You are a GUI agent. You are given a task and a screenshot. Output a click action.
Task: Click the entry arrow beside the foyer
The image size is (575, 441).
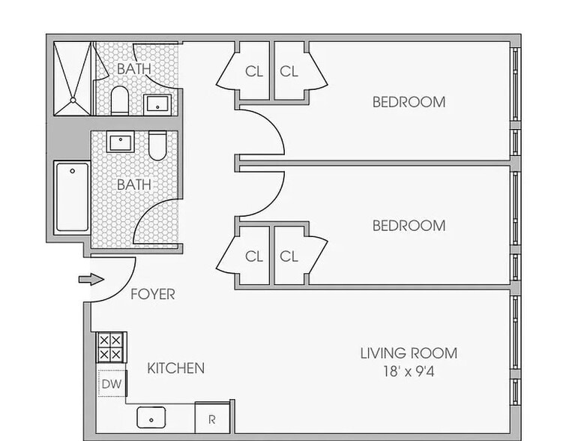click(x=88, y=280)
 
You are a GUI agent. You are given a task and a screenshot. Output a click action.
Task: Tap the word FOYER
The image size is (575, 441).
click(x=152, y=294)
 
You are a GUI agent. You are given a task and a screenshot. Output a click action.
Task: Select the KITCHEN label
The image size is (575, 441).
click(x=175, y=368)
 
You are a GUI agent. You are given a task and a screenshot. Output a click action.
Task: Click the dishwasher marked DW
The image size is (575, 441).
click(x=111, y=384)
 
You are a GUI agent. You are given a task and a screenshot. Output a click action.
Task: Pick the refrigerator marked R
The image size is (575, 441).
click(x=211, y=419)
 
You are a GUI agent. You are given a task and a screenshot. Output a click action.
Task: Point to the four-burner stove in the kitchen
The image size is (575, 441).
click(x=111, y=347)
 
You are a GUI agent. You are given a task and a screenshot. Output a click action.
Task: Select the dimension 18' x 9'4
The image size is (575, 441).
click(x=408, y=370)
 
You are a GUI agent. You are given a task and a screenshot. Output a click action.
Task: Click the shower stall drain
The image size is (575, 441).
click(x=73, y=99)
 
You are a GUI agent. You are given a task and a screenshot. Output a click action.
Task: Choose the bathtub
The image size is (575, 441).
click(x=73, y=197)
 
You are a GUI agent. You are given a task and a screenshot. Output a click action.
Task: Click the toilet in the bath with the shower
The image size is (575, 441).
click(x=120, y=100)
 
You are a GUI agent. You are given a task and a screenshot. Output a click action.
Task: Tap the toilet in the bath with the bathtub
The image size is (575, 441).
click(x=157, y=145)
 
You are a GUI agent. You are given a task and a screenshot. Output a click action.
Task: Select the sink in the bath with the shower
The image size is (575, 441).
click(x=157, y=103)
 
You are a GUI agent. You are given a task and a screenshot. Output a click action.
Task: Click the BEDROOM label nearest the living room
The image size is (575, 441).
click(x=409, y=225)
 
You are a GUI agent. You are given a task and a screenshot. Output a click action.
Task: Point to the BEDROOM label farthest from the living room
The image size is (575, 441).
click(x=409, y=101)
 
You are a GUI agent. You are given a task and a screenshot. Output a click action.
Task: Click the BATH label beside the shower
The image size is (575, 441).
click(x=133, y=68)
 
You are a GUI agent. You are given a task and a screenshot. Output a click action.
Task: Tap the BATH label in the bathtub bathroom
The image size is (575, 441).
click(x=133, y=184)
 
